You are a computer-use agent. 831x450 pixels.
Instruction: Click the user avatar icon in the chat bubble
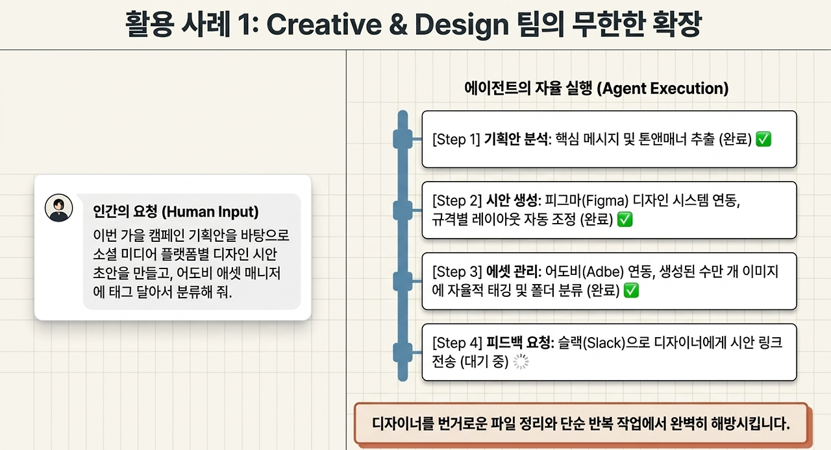[x=58, y=208]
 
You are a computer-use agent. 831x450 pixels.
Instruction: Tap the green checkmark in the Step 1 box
[x=763, y=139]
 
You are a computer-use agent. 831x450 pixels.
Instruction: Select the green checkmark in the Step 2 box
[x=625, y=219]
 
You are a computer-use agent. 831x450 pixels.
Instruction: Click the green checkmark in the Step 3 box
[x=632, y=290]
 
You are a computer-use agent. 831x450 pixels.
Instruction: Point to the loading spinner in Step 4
[x=521, y=361]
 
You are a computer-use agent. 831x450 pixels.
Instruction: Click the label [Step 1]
[x=456, y=140]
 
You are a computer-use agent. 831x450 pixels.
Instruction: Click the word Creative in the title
[x=324, y=25]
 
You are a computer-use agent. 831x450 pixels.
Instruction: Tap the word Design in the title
[x=462, y=25]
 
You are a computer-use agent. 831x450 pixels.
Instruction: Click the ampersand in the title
[x=399, y=25]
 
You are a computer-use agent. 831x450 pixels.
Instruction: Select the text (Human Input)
[x=210, y=211]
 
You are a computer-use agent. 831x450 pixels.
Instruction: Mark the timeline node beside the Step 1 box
[x=403, y=139]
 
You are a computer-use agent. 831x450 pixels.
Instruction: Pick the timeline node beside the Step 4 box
[x=403, y=352]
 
